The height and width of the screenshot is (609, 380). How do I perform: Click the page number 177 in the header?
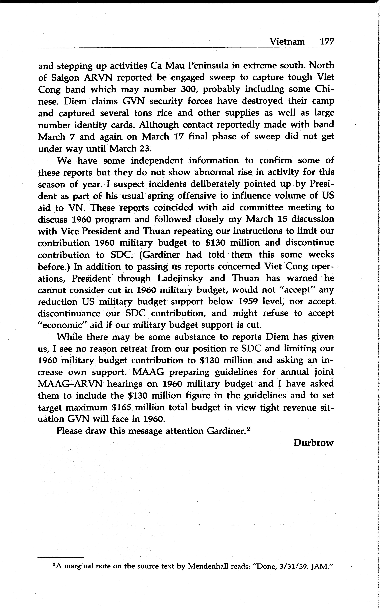click(x=327, y=41)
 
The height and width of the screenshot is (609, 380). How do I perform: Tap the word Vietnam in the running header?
click(x=287, y=41)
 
